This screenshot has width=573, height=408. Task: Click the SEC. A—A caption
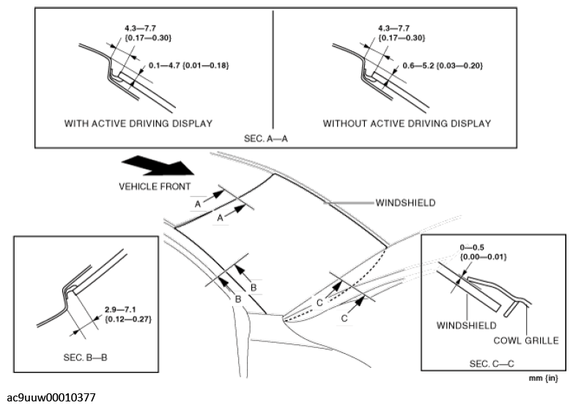[x=273, y=137]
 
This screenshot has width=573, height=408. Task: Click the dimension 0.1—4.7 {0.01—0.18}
[x=189, y=66]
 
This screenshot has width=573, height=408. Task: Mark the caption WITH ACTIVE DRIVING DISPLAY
[x=138, y=123]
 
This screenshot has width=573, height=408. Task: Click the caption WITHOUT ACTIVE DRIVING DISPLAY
[x=407, y=123]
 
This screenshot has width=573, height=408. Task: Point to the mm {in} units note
[x=544, y=379]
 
